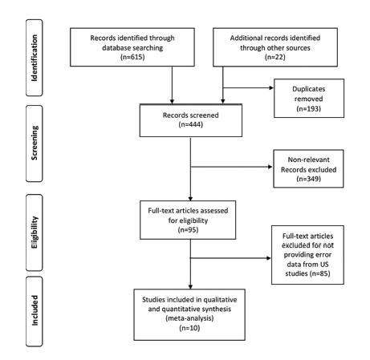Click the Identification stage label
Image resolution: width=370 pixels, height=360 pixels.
pyautogui.click(x=35, y=58)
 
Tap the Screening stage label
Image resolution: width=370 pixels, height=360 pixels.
pyautogui.click(x=35, y=143)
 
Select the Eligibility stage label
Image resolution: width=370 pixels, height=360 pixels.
pyautogui.click(x=35, y=233)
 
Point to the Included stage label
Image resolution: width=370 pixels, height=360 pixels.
pyautogui.click(x=35, y=310)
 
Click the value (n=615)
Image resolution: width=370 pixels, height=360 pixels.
pyautogui.click(x=132, y=57)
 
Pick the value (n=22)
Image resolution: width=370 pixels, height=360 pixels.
pyautogui.click(x=275, y=57)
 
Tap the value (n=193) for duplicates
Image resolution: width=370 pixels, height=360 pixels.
pyautogui.click(x=308, y=108)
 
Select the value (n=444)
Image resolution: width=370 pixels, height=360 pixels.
pyautogui.click(x=191, y=124)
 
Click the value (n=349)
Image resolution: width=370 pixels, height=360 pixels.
pyautogui.click(x=308, y=179)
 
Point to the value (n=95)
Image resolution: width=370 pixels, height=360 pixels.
pyautogui.click(x=188, y=229)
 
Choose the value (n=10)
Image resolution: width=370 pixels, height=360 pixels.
pyautogui.click(x=189, y=328)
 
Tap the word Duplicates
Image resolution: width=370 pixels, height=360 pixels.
pyautogui.click(x=309, y=89)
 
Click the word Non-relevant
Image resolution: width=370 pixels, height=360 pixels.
pyautogui.click(x=308, y=160)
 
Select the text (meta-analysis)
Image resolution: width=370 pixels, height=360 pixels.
pyautogui.click(x=189, y=318)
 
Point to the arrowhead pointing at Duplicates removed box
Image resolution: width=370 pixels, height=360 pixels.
pyautogui.click(x=271, y=87)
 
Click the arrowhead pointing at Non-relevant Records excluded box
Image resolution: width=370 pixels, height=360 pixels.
pyautogui.click(x=270, y=167)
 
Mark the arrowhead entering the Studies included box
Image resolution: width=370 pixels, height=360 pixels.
pyautogui.click(x=190, y=287)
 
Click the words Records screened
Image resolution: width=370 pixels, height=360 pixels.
pyautogui.click(x=191, y=115)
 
